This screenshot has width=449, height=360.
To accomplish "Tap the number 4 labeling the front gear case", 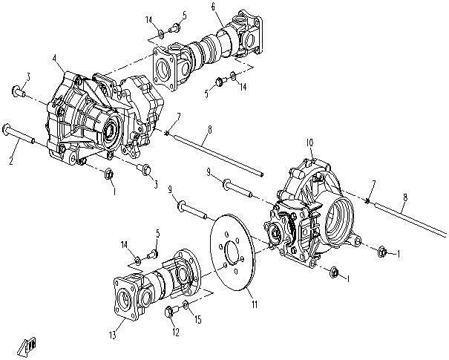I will coord(54,58).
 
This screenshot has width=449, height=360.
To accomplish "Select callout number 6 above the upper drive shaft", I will coord(213,7).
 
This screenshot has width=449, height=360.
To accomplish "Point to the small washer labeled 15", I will coord(186,304).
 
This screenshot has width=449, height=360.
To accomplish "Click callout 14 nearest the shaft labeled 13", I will coord(125,243).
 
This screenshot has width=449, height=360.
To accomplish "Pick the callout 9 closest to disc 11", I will coord(171,191).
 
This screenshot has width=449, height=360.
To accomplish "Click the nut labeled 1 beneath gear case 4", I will coord(108,176).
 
